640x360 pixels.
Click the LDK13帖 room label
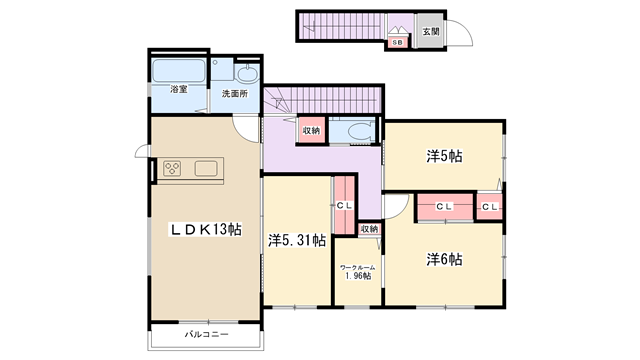tap(205, 229)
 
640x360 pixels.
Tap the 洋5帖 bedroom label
tap(444, 156)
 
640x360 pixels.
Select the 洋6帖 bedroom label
tap(444, 259)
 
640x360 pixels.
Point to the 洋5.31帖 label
tap(297, 240)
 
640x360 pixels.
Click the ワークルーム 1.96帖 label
tap(358, 272)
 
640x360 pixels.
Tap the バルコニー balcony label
tap(207, 335)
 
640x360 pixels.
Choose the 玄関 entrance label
tap(431, 31)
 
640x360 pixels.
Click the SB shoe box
tap(397, 42)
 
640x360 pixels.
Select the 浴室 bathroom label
tap(179, 89)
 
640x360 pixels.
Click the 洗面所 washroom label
tap(235, 93)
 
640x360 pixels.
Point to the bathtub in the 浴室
tap(178, 71)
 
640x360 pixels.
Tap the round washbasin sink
tap(246, 74)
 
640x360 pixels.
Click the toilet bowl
tap(358, 131)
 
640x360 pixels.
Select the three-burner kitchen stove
tap(172, 169)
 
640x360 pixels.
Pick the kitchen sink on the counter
tap(206, 169)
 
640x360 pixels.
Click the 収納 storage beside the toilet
tap(311, 131)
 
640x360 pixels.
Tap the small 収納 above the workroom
tap(369, 229)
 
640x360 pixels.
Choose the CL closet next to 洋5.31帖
tap(344, 205)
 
